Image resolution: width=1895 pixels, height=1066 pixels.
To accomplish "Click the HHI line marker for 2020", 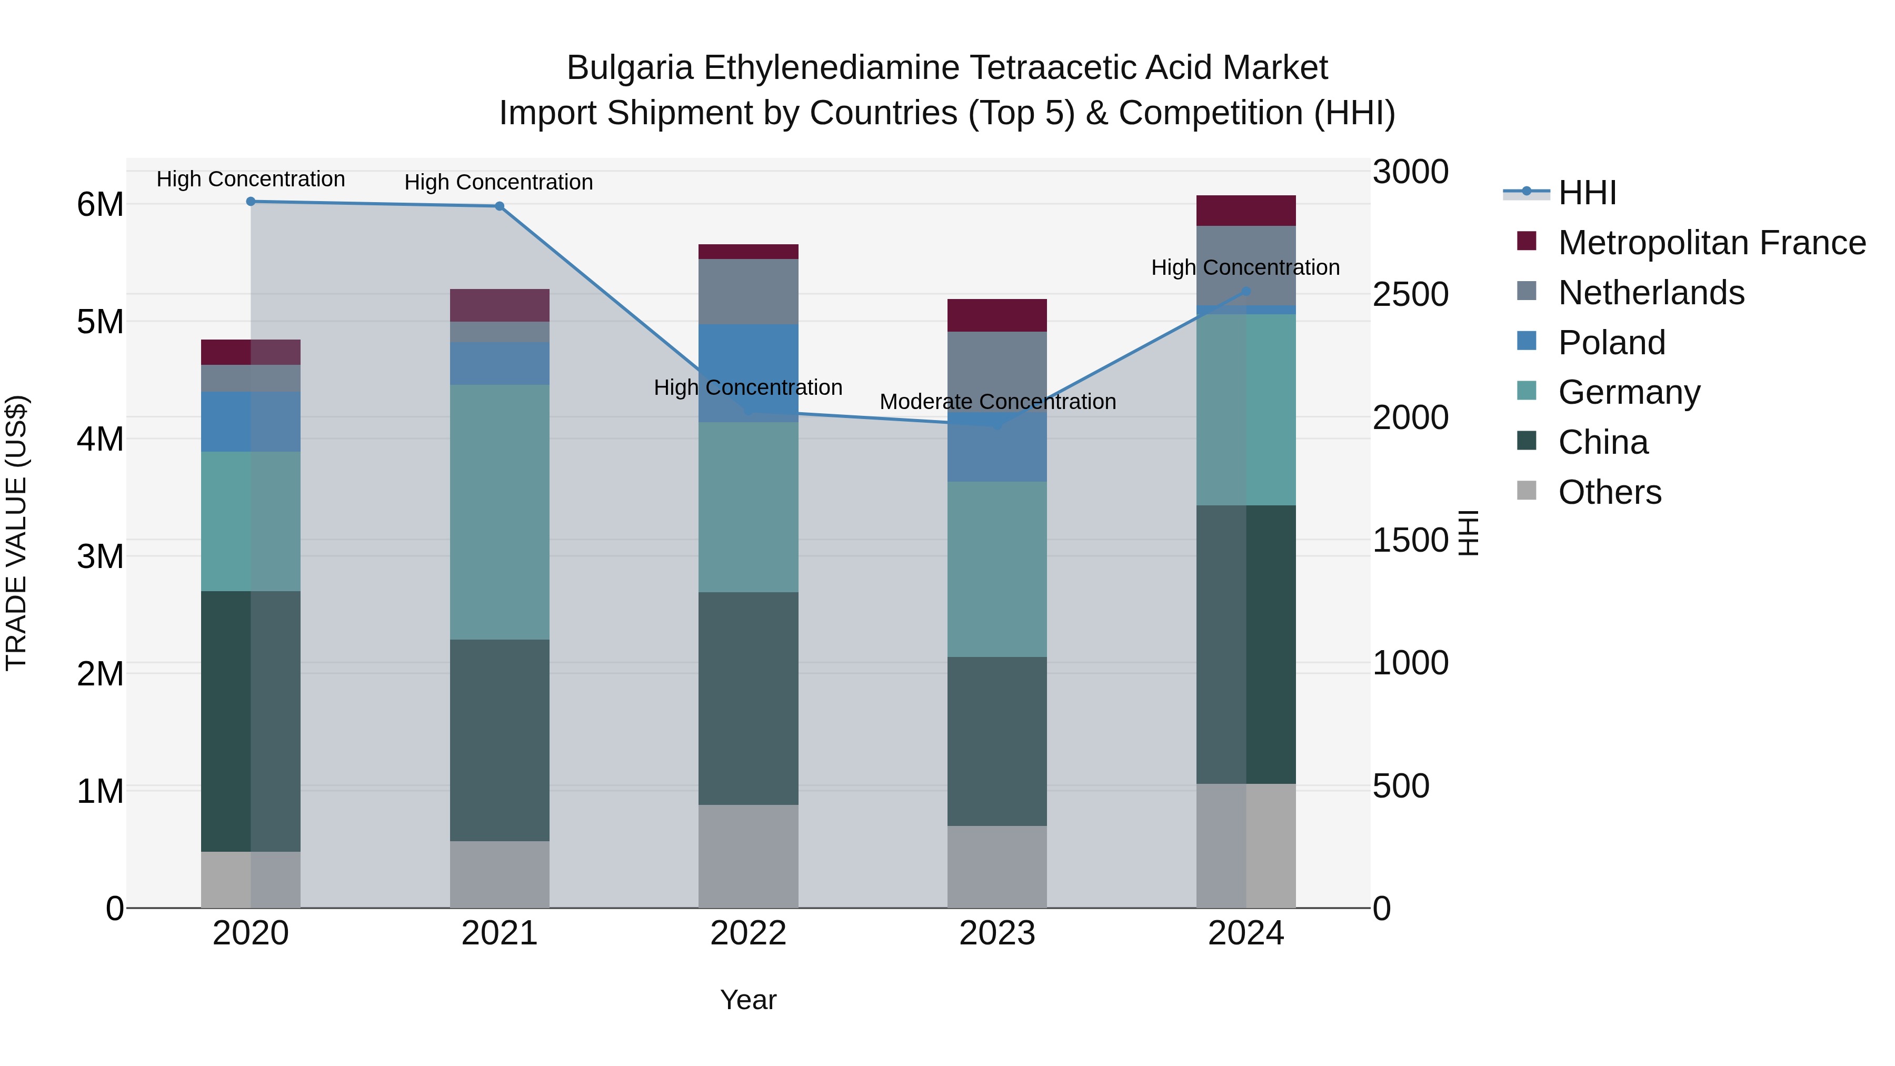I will (251, 201).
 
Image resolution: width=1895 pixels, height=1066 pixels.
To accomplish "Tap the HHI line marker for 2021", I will (500, 206).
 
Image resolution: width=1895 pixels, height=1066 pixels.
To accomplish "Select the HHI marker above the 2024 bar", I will (1246, 291).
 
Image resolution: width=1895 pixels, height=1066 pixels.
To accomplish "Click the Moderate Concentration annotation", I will (998, 402).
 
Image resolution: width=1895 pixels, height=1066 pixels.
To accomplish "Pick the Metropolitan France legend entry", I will (1711, 243).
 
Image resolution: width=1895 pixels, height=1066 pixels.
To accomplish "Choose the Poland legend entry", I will (1611, 343).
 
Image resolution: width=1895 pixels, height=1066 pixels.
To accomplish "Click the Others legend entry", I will (1610, 492).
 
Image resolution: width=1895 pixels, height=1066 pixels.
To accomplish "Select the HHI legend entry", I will (1587, 193).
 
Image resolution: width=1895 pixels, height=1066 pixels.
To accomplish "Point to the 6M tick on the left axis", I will (100, 205).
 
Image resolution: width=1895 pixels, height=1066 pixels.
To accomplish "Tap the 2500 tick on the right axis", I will (1410, 294).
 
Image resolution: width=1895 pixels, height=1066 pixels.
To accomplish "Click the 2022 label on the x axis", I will (748, 933).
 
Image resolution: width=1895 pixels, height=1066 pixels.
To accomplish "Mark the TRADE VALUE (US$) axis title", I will (16, 533).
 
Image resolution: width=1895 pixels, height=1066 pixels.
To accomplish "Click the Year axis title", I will (748, 1000).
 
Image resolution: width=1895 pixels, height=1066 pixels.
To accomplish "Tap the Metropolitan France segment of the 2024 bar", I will (1245, 211).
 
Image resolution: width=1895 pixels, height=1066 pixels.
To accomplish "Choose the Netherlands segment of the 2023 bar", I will (997, 370).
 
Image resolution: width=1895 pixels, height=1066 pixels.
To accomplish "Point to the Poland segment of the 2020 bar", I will (251, 422).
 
